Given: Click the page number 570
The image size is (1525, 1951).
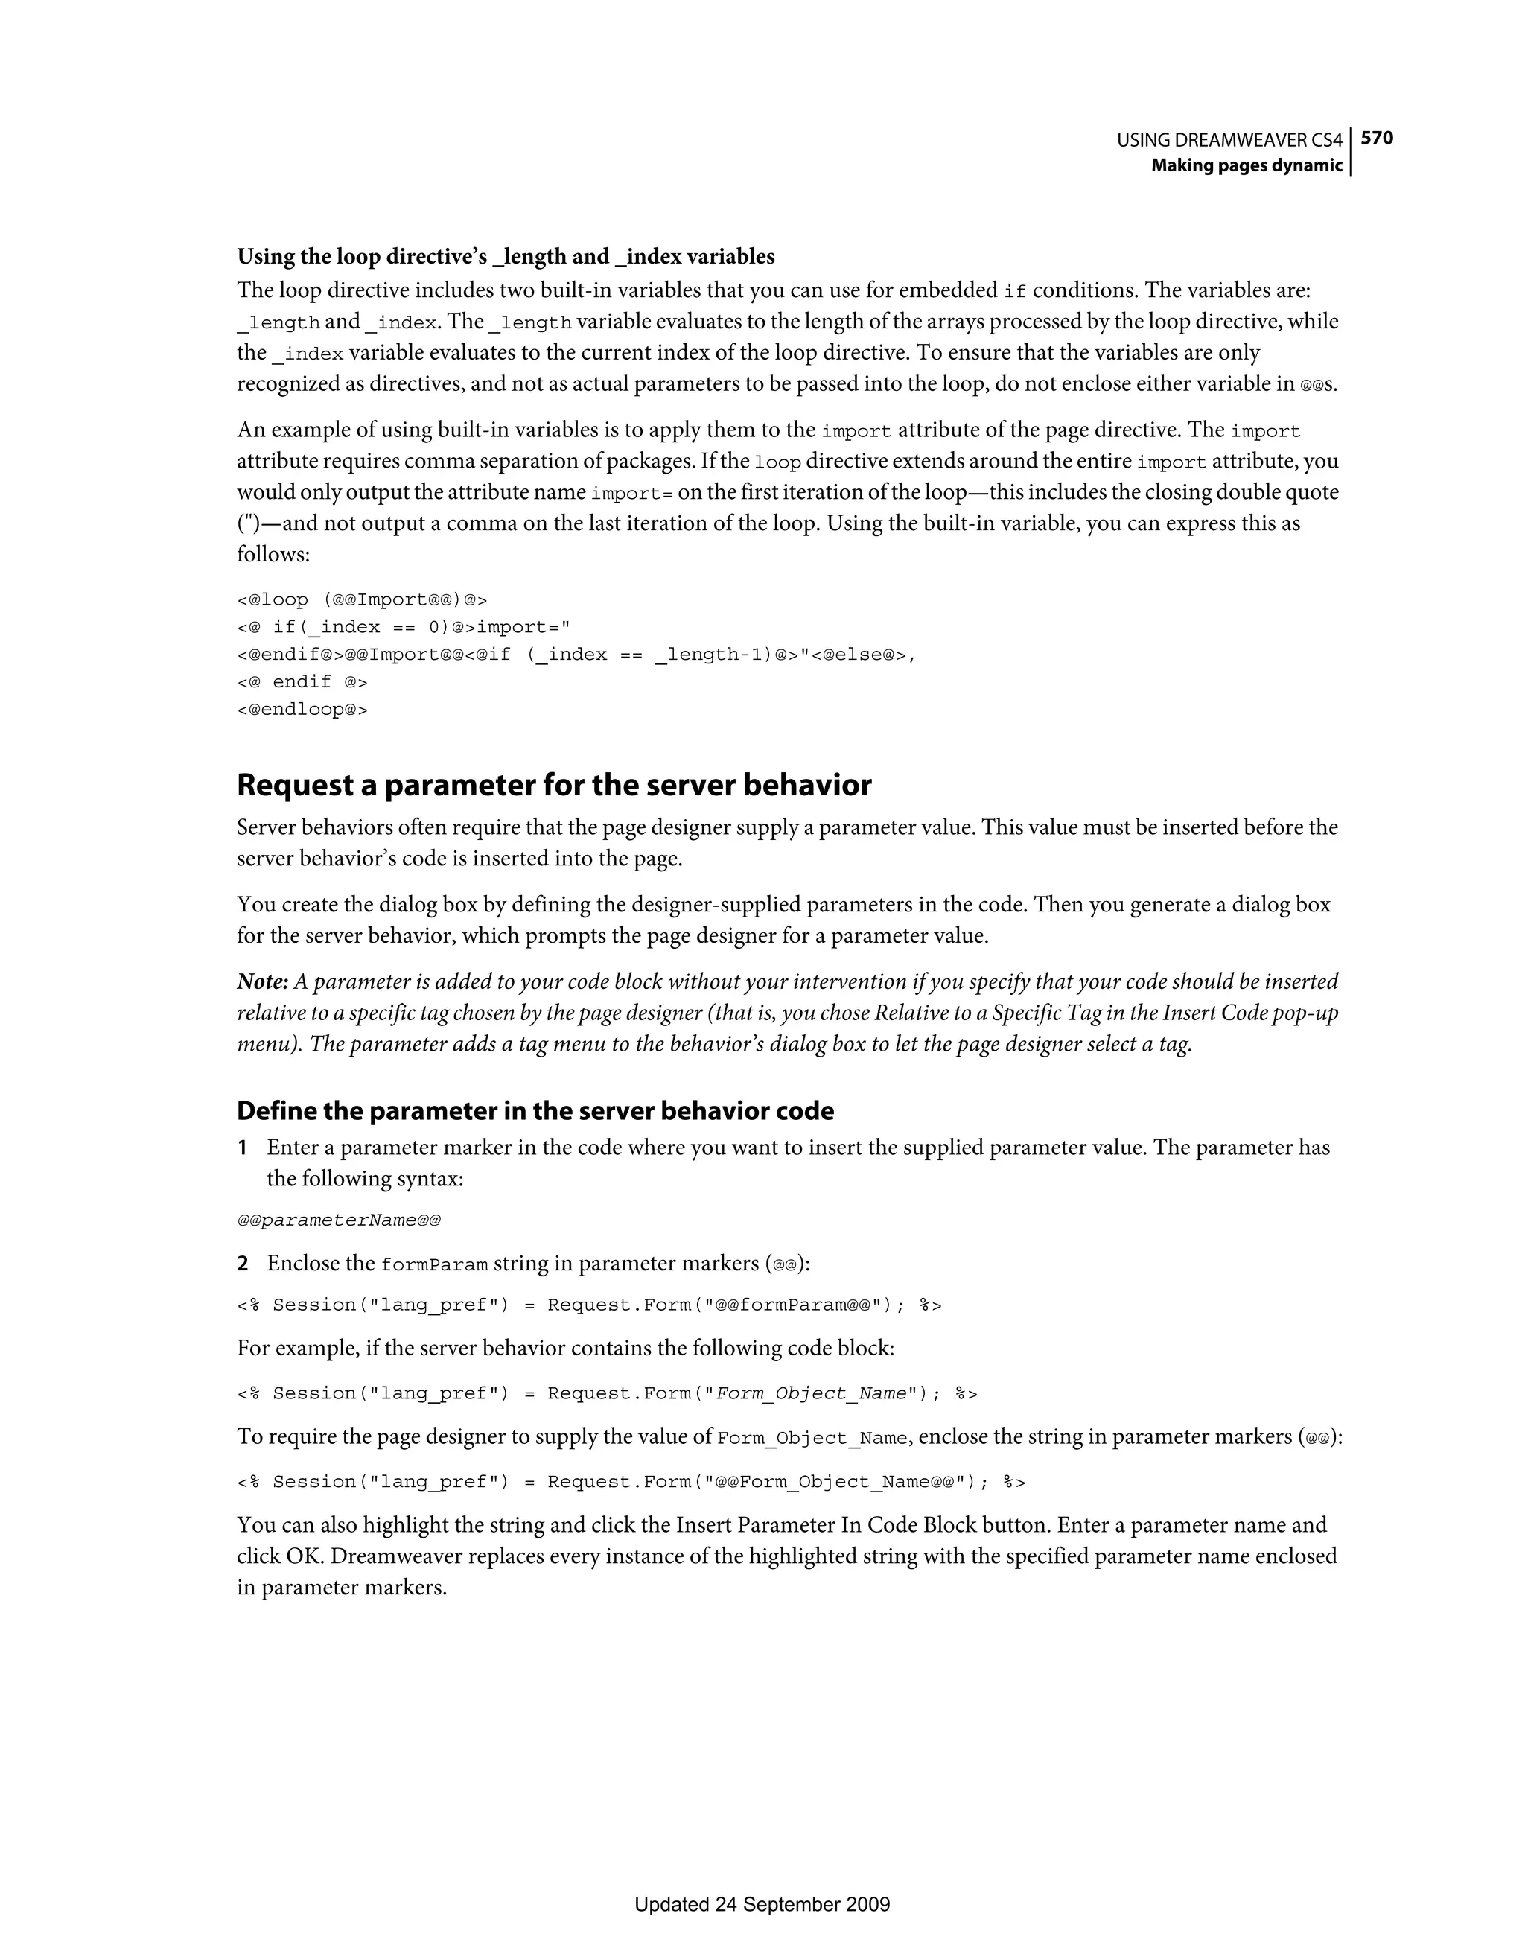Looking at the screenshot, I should point(1377,138).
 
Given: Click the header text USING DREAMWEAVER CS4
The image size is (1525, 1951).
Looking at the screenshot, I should point(1229,140).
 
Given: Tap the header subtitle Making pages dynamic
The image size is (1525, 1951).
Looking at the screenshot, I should point(1247,165).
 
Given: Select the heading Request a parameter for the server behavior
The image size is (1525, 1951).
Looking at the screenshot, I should point(554,785).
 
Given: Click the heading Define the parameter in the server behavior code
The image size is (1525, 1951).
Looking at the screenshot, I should point(535,1110).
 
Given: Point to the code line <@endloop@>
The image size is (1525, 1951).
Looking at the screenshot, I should point(302,710).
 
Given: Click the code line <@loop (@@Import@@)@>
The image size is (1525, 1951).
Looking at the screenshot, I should point(362,599).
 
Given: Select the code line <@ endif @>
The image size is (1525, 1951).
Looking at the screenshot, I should point(302,681).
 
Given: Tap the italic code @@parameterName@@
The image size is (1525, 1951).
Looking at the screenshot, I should point(339,1220).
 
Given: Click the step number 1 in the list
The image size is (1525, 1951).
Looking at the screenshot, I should point(242,1148).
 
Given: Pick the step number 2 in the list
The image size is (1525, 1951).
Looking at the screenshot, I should point(242,1264).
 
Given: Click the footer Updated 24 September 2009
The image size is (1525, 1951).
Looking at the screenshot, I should point(762,1903).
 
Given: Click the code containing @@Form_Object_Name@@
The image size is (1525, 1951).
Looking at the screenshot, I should point(631,1482).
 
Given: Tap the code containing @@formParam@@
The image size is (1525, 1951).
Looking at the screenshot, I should point(590,1305).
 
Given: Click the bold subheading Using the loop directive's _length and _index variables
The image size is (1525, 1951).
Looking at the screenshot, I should point(506,256).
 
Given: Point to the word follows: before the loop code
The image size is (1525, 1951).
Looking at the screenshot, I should point(273,555).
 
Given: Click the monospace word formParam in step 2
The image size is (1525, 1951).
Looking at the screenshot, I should point(434,1265).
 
